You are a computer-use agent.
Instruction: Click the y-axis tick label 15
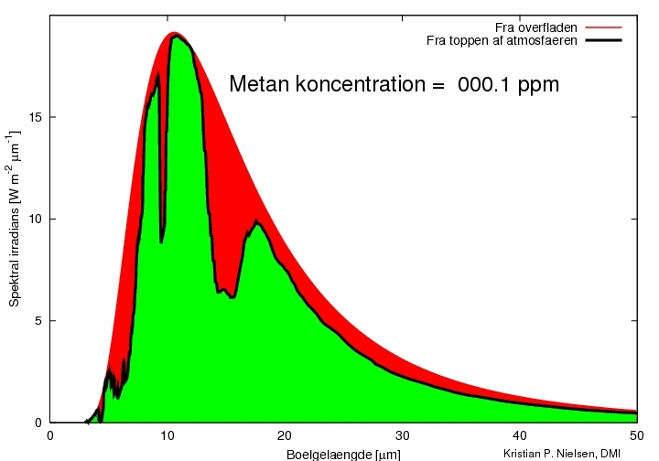tap(36, 117)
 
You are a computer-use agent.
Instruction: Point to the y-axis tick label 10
tap(36, 220)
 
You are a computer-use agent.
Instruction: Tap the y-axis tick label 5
tap(38, 321)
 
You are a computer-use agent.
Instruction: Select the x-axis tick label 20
tap(285, 435)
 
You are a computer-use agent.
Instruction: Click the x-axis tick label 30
tap(402, 435)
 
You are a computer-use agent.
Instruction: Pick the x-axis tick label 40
tap(520, 435)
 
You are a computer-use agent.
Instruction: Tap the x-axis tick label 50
tap(637, 435)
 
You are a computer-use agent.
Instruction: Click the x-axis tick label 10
tap(167, 435)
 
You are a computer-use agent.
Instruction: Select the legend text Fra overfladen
tap(535, 27)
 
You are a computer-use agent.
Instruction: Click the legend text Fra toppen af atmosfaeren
tap(502, 41)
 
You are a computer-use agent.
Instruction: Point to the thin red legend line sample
tap(603, 27)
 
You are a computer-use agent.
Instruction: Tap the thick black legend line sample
tap(603, 40)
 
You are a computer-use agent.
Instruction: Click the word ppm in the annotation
tap(538, 87)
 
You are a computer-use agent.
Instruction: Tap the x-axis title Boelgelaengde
tap(329, 455)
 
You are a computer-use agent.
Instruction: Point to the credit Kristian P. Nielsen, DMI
tap(561, 454)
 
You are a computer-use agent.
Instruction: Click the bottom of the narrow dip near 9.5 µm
tap(161, 241)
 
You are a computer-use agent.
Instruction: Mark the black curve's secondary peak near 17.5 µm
tap(256, 220)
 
